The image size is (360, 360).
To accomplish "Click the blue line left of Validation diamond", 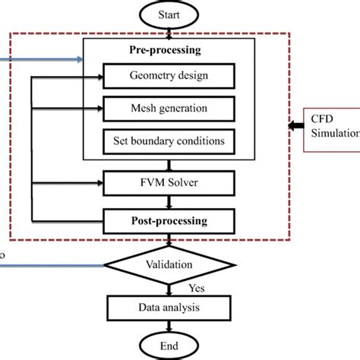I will pos(53,264).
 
